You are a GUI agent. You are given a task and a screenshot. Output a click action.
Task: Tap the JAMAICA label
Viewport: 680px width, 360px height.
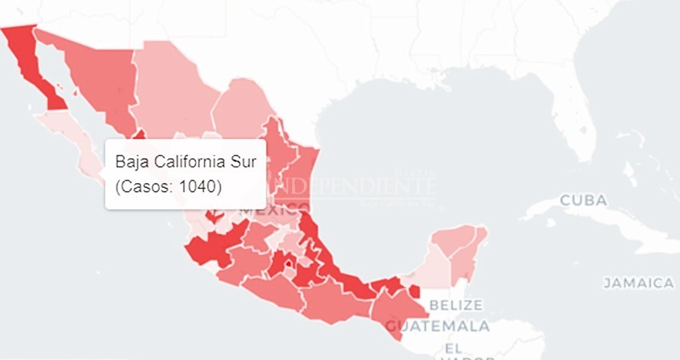pos(638,283)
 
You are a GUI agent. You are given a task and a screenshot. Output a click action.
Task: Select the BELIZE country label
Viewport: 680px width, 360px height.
pos(456,305)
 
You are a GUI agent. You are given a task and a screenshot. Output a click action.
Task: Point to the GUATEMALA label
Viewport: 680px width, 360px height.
pos(438,326)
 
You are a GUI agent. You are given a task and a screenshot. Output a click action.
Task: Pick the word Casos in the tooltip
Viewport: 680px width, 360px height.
pos(146,186)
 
